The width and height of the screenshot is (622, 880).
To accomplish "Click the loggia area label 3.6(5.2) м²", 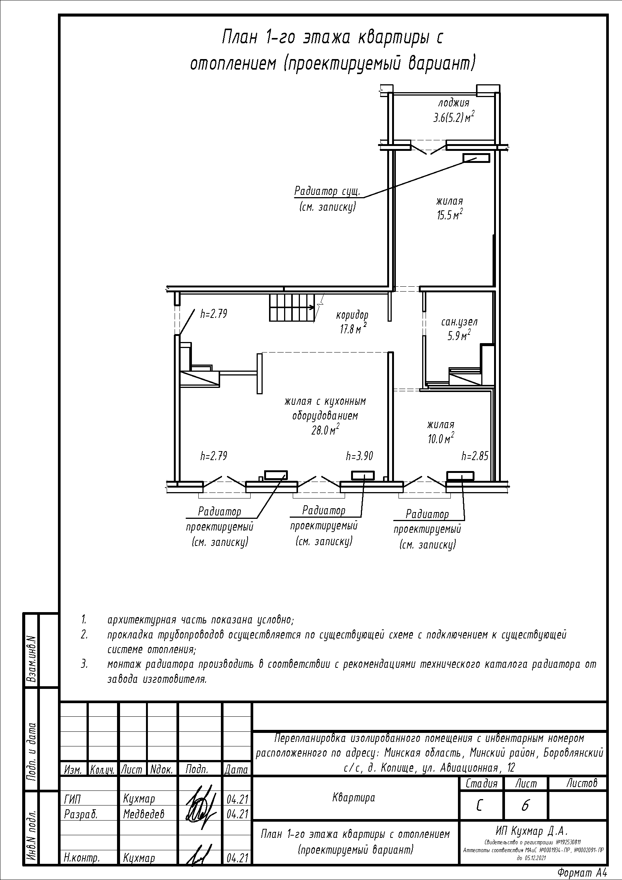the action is (454, 117).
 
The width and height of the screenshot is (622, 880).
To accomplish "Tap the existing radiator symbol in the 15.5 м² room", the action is (476, 158).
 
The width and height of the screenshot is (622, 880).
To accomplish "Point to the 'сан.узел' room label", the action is (459, 322).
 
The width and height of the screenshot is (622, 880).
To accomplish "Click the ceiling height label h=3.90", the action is (359, 456).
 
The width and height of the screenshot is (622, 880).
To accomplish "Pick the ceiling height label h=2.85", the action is (475, 456).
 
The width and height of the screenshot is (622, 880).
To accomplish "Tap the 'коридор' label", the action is (352, 315).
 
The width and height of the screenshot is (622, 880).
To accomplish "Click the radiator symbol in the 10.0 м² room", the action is (460, 476).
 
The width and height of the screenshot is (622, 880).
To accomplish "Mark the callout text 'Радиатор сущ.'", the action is (327, 191).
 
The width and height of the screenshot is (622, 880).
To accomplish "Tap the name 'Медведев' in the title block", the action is (144, 814).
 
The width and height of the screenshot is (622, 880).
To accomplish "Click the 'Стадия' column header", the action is (481, 783).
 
